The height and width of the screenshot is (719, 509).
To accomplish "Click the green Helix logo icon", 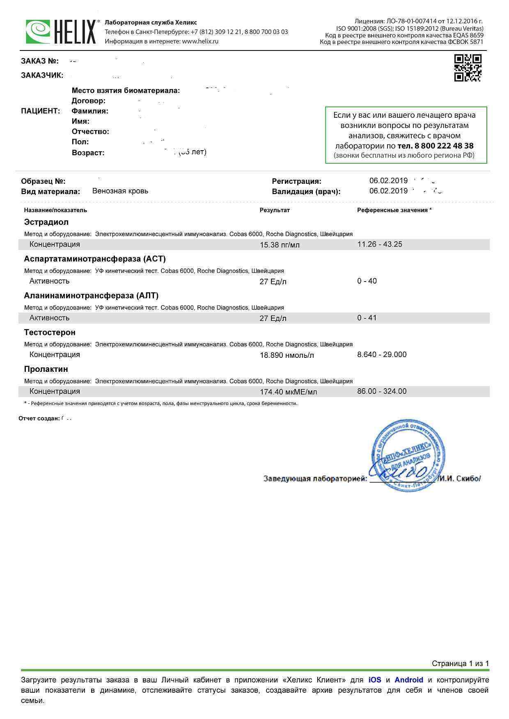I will pyautogui.click(x=38, y=32).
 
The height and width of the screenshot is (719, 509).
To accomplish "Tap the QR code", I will pyautogui.click(x=468, y=68).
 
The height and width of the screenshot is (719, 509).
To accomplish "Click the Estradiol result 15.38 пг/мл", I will pyautogui.click(x=280, y=245).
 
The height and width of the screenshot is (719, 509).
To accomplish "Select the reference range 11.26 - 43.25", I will pyautogui.click(x=380, y=244).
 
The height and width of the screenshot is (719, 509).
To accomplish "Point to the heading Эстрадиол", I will pyautogui.click(x=46, y=222).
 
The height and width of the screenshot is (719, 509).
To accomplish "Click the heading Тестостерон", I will pyautogui.click(x=50, y=332).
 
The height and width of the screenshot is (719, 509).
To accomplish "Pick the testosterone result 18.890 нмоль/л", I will pyautogui.click(x=287, y=355).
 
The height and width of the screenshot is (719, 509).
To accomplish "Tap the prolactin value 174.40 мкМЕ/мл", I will pyautogui.click(x=288, y=392).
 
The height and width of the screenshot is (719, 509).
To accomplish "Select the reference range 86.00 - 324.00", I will pyautogui.click(x=382, y=391).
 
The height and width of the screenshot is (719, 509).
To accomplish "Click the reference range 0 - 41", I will pyautogui.click(x=367, y=318).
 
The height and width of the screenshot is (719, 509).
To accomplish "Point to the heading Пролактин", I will pyautogui.click(x=46, y=369).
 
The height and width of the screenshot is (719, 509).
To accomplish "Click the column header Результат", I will pyautogui.click(x=275, y=210).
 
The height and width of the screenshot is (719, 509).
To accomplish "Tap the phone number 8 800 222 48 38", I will pyautogui.click(x=436, y=146).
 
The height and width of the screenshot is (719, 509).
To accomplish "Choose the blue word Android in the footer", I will pyautogui.click(x=408, y=680).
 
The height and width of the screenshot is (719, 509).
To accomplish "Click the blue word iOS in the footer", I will pyautogui.click(x=375, y=680).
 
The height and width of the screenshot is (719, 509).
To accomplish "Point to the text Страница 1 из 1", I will pyautogui.click(x=460, y=664).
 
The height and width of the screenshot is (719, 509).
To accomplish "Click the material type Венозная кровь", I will pyautogui.click(x=120, y=191).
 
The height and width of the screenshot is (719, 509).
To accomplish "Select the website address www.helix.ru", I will pyautogui.click(x=200, y=41).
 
